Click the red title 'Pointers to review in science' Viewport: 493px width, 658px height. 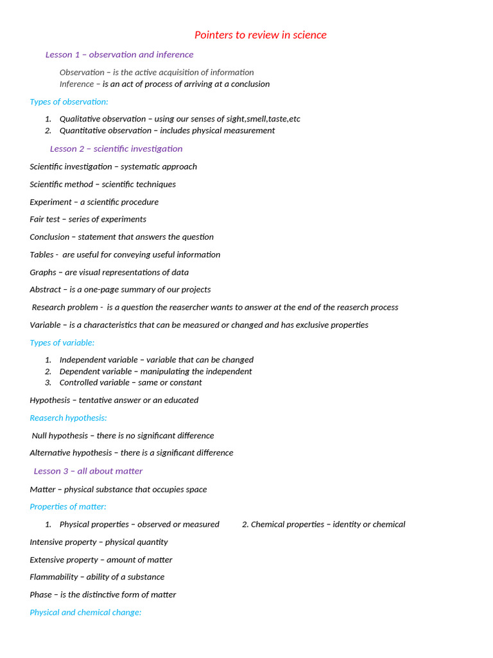pyautogui.click(x=261, y=35)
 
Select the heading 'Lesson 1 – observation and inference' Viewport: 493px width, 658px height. pyautogui.click(x=119, y=55)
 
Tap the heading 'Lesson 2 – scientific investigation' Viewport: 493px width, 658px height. pyautogui.click(x=116, y=148)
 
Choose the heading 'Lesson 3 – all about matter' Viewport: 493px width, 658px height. pyautogui.click(x=88, y=471)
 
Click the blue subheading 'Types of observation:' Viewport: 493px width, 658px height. pyautogui.click(x=69, y=102)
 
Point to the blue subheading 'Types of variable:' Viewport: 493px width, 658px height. pyautogui.click(x=62, y=342)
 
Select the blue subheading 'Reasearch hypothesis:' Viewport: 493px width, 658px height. pyautogui.click(x=68, y=418)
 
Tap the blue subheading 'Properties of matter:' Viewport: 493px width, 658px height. pyautogui.click(x=68, y=506)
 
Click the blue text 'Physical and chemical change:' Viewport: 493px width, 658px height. pyautogui.click(x=85, y=612)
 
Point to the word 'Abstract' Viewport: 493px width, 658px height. pyautogui.click(x=46, y=290)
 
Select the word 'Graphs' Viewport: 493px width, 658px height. pyautogui.click(x=43, y=272)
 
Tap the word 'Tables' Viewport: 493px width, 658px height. pyautogui.click(x=42, y=254)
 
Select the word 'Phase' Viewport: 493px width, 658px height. pyautogui.click(x=41, y=594)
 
